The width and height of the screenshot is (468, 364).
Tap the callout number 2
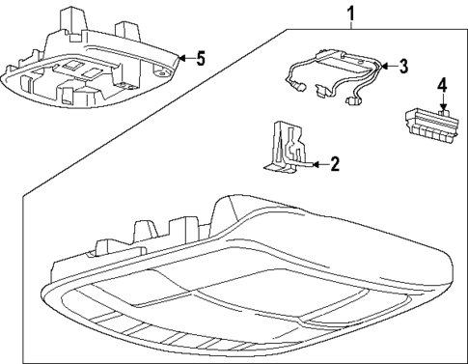click(334, 164)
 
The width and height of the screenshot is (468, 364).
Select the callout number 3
click(403, 66)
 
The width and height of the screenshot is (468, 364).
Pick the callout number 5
click(200, 59)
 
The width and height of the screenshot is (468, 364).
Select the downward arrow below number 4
click(442, 109)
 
